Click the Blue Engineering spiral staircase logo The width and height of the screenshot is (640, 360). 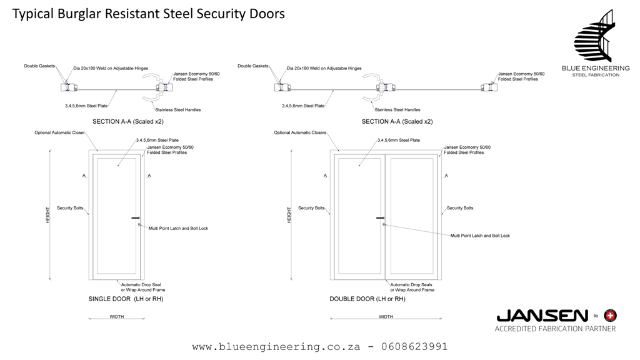click(x=595, y=36)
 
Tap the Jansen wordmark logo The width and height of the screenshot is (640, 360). click(x=541, y=316)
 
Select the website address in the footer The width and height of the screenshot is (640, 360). click(x=277, y=346)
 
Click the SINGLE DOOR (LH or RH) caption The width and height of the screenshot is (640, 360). click(x=126, y=299)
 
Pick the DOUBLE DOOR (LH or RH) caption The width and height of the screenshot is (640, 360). click(x=367, y=299)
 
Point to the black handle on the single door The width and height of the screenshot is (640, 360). click(x=135, y=217)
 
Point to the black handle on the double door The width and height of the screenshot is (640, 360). click(x=380, y=217)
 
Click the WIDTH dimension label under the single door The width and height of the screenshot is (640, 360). click(x=117, y=317)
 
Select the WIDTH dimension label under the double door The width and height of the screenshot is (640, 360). click(x=386, y=317)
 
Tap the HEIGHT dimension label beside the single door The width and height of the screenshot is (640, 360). click(x=48, y=216)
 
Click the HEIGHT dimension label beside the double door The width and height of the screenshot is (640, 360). click(x=289, y=216)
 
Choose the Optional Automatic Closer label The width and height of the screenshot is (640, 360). click(x=59, y=132)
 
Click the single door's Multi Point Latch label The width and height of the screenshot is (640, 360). click(x=178, y=229)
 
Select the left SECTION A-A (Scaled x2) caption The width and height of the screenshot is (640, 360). click(x=127, y=122)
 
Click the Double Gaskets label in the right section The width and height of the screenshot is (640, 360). click(x=252, y=66)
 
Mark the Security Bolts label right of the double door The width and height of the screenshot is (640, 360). click(x=459, y=208)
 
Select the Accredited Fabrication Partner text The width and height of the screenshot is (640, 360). click(x=555, y=329)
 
